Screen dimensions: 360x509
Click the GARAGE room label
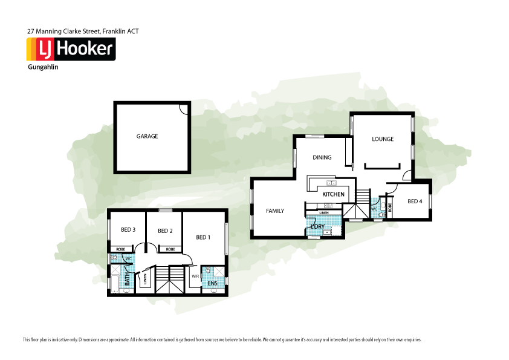click(147, 137)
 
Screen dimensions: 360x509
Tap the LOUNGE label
click(383, 139)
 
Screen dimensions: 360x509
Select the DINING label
click(322, 158)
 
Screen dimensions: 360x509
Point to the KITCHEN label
click(333, 194)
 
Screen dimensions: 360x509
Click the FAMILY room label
click(275, 211)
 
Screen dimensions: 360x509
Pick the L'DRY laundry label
click(318, 227)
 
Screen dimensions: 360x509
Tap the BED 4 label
click(415, 201)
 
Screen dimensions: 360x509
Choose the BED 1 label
click(203, 237)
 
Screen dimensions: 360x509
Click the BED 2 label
click(165, 231)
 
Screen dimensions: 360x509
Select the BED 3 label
click(128, 230)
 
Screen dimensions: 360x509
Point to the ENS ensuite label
click(212, 283)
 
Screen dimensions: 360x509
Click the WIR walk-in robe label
click(195, 276)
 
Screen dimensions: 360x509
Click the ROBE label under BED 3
click(120, 249)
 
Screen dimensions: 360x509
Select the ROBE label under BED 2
click(170, 249)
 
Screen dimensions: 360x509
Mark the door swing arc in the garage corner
click(184, 108)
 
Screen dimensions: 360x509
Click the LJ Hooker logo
click(70, 48)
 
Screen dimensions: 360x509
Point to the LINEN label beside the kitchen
click(324, 214)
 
